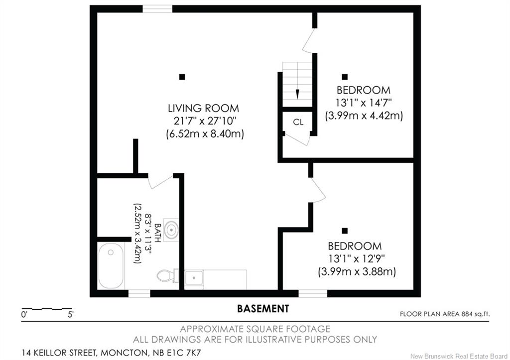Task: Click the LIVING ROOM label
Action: (204, 108)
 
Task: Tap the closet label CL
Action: (298, 122)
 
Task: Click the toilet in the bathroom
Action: (166, 276)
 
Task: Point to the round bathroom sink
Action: (171, 230)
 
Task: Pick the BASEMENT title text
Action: (263, 308)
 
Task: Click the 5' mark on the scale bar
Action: (71, 315)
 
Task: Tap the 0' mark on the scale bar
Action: (24, 315)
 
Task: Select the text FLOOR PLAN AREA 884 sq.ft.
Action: (445, 314)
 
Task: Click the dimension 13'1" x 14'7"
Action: (364, 103)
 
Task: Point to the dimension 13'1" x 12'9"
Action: (357, 259)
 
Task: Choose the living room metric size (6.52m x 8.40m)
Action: (205, 133)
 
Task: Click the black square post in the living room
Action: (182, 77)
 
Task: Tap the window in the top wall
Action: (157, 9)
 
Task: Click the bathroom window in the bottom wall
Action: (139, 294)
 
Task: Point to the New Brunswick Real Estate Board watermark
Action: (459, 356)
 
